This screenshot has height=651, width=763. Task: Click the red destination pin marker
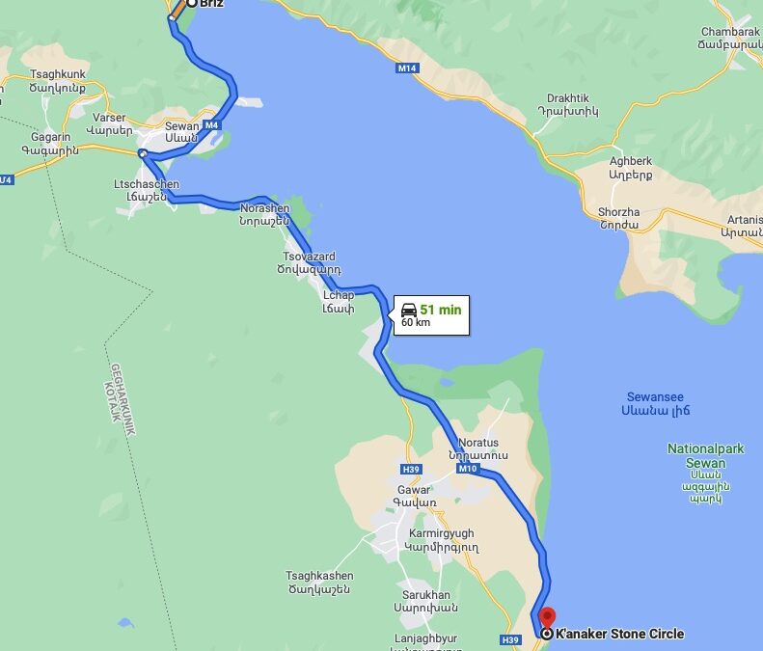click(x=547, y=616)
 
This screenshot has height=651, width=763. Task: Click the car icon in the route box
click(x=409, y=310)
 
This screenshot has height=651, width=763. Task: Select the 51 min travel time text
click(x=441, y=310)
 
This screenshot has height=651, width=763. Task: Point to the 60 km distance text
click(x=416, y=323)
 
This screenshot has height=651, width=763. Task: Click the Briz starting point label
click(x=211, y=4)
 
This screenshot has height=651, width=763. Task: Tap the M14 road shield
click(x=407, y=68)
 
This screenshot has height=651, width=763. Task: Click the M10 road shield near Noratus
click(x=468, y=469)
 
